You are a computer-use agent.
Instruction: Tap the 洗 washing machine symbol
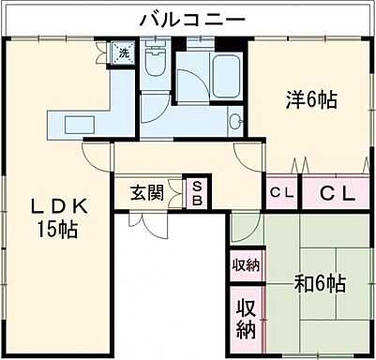coord(123,54)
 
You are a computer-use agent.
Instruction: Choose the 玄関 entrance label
coord(147,193)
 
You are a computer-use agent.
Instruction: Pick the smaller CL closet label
coord(281,193)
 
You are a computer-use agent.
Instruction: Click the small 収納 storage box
coord(246,264)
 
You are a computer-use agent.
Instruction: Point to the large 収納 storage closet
coord(246,318)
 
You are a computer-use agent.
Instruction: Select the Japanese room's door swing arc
coord(242,225)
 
